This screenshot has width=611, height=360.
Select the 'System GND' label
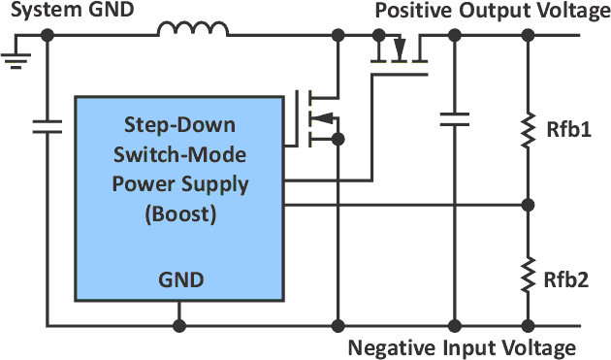tap(53, 11)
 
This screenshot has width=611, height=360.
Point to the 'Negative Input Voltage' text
tap(462, 347)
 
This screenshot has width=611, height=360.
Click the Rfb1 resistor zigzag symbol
tap(529, 129)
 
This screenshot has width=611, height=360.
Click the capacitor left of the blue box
tap(47, 125)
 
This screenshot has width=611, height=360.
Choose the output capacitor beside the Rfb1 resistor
tap(453, 119)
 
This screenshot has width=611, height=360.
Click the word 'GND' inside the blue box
tap(180, 280)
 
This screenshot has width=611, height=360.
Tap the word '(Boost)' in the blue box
tap(180, 214)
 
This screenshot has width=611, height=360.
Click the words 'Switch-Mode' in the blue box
tap(180, 154)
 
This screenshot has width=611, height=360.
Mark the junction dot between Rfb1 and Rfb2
tap(529, 205)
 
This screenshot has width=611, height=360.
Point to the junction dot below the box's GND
tap(179, 325)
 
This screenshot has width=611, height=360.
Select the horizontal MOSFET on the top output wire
tap(399, 54)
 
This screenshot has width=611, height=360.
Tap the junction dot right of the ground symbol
tap(47, 36)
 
